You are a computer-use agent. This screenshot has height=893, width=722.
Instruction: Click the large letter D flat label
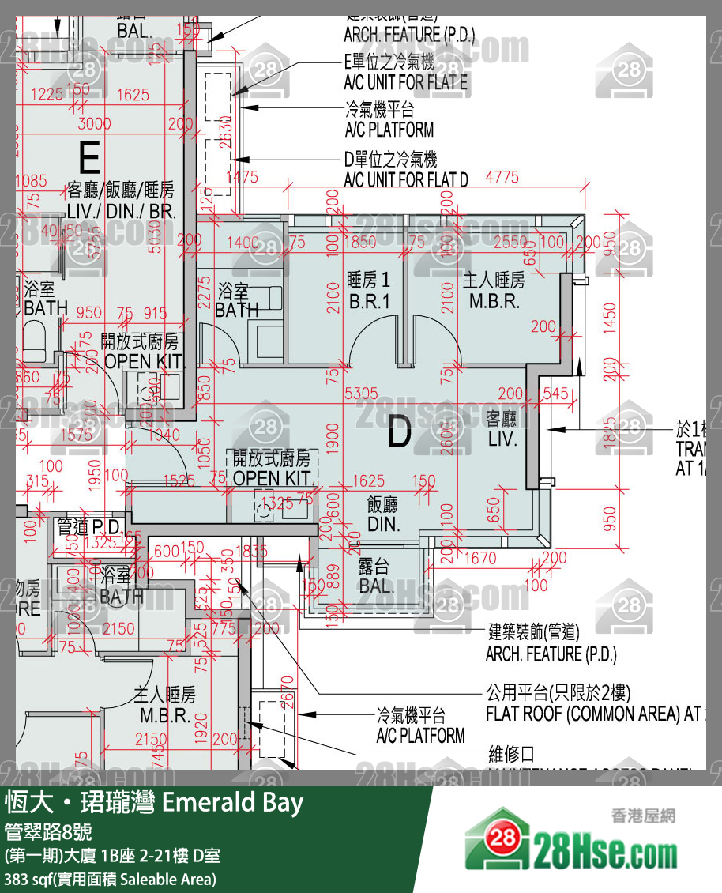(400, 433)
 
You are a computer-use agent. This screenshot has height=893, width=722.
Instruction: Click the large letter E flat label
(89, 158)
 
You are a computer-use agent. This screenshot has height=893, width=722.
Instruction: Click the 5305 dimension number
(361, 393)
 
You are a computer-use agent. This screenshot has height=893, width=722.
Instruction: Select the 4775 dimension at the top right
(502, 177)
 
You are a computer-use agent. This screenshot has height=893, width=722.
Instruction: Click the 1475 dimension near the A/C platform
(241, 177)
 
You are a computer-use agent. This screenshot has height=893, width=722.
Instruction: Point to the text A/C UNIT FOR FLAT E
(405, 82)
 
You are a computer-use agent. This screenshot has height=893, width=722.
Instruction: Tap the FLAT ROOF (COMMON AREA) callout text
(592, 714)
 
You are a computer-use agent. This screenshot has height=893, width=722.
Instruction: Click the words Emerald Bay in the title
(232, 803)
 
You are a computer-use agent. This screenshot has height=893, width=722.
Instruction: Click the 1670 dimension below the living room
(479, 559)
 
